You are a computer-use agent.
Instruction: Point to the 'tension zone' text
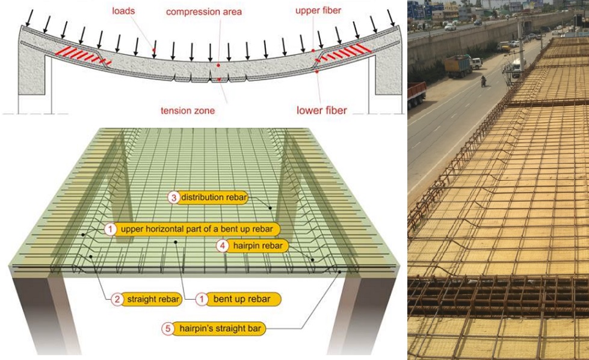pos(188,111)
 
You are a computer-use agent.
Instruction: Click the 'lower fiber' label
pos(322,110)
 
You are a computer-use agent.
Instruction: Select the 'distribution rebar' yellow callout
pos(214,197)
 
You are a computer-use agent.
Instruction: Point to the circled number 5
pos(169,329)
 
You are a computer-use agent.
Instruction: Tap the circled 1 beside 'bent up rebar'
pos(203,299)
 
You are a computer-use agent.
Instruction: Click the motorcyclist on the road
pos(483,81)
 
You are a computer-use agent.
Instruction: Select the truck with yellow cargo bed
pos(458,65)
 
